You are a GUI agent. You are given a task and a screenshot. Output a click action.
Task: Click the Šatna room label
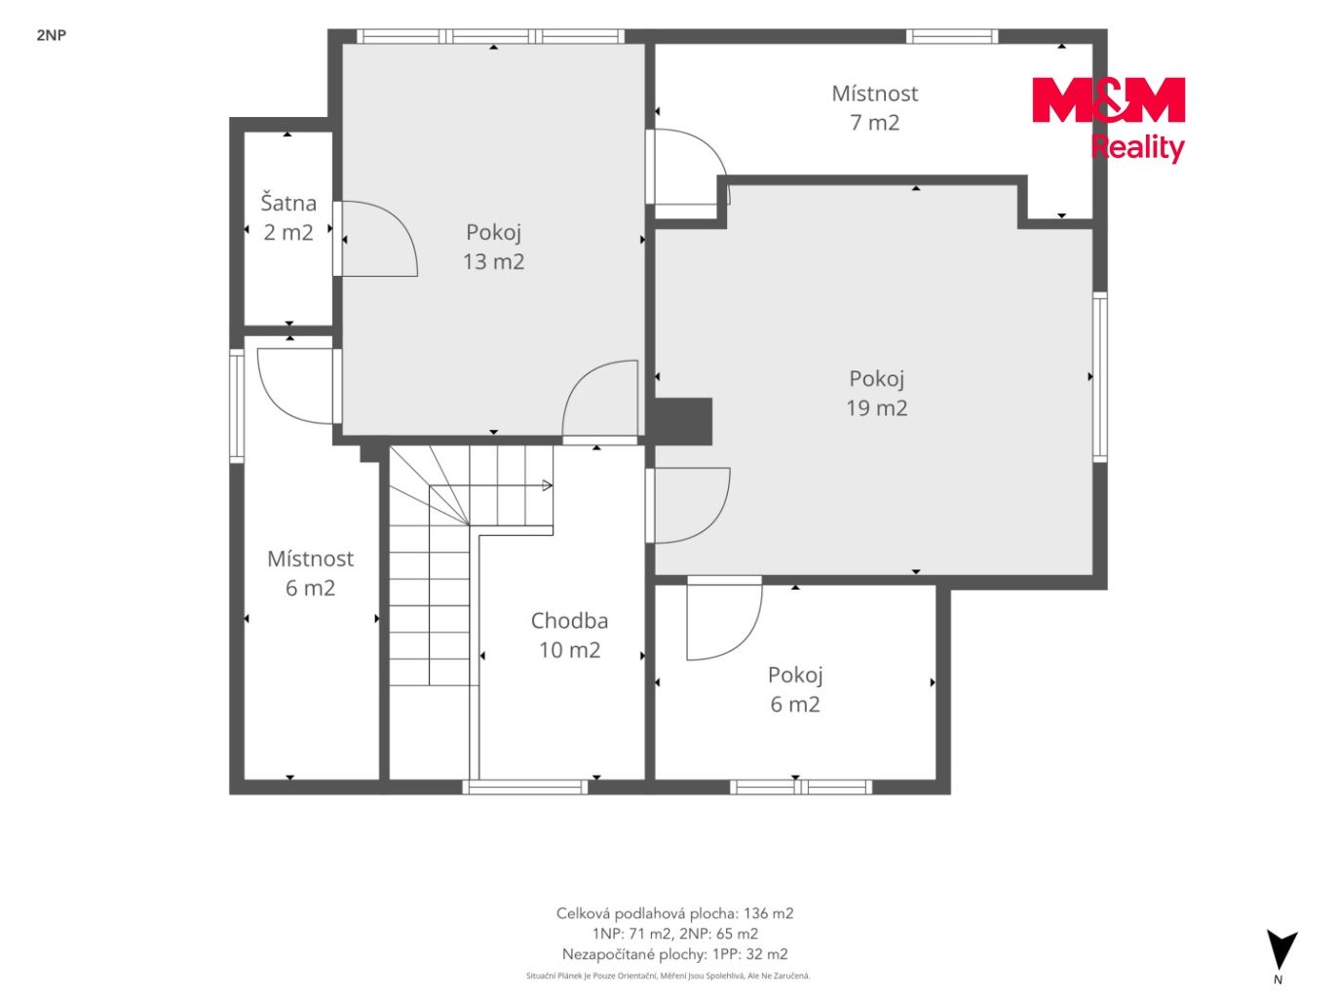(x=288, y=203)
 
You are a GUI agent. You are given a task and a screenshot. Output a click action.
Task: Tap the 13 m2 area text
(x=493, y=262)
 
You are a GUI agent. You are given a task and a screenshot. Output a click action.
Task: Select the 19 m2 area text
(x=876, y=408)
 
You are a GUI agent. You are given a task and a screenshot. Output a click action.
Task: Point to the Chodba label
(x=569, y=621)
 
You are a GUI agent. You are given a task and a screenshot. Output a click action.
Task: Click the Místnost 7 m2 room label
(x=875, y=108)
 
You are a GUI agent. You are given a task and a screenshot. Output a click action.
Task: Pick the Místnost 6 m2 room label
(x=310, y=573)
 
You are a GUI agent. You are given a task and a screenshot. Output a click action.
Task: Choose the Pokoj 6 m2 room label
(x=795, y=689)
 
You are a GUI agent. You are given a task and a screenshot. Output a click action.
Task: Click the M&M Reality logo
(x=1109, y=119)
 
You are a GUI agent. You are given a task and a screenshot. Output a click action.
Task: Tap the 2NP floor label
(x=52, y=35)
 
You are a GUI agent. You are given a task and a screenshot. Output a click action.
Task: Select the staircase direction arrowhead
(x=547, y=485)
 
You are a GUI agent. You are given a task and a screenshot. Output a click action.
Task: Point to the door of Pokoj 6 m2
(x=724, y=618)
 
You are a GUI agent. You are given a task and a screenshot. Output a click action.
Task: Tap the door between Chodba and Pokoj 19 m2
(x=688, y=505)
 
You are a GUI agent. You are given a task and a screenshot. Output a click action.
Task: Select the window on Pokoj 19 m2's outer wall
(x=1099, y=376)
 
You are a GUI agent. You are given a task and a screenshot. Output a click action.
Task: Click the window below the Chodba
(x=525, y=788)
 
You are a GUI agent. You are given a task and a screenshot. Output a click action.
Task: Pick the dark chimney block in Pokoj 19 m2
(x=683, y=421)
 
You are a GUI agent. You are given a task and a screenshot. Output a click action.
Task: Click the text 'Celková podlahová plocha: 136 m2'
(x=674, y=913)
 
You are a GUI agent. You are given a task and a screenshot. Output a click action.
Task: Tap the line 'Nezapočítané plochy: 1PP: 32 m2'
(x=674, y=953)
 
